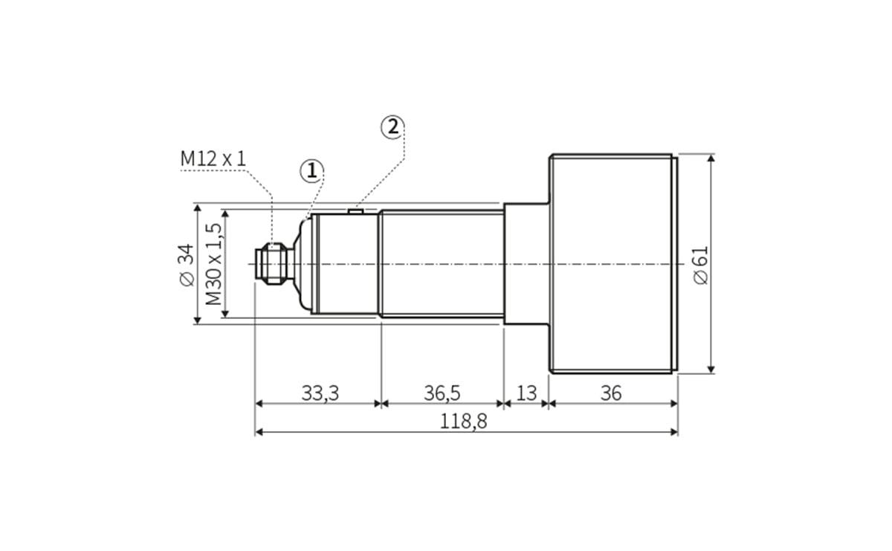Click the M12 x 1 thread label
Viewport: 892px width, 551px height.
coord(213,158)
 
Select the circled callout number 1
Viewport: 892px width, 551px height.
coord(311,171)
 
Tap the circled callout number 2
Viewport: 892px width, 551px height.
coord(392,127)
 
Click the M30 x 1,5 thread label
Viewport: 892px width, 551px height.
coord(213,264)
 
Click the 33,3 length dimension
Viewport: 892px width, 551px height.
coord(320,393)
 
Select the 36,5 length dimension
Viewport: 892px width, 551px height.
coord(442,393)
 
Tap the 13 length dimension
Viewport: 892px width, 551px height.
coord(526,393)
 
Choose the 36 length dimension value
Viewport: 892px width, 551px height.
coord(610,393)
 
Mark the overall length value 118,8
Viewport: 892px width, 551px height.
coord(463,421)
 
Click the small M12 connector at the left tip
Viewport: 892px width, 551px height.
coord(271,264)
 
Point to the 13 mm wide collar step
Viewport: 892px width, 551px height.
coord(526,264)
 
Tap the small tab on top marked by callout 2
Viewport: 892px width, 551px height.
coord(355,210)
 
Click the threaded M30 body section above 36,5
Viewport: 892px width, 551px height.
coord(442,264)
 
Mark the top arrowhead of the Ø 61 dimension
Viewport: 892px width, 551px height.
coord(711,158)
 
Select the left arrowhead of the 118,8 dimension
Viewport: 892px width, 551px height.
coord(259,431)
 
